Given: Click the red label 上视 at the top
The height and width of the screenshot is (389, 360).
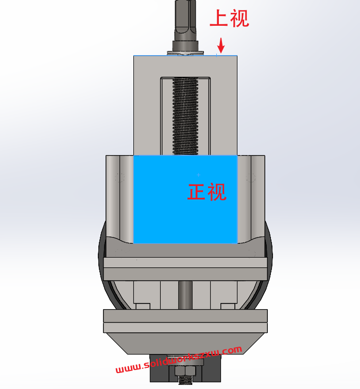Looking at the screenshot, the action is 229,18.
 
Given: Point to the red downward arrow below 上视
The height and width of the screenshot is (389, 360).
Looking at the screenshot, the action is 220,45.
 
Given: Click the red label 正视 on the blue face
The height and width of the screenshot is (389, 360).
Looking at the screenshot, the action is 207,192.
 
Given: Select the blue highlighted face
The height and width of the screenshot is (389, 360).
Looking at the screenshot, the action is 185,199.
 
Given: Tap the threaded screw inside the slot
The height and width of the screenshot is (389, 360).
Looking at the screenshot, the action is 185,116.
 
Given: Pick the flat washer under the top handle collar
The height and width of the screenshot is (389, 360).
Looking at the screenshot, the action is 185,53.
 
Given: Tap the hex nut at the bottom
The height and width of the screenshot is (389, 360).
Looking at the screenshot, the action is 185,371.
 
